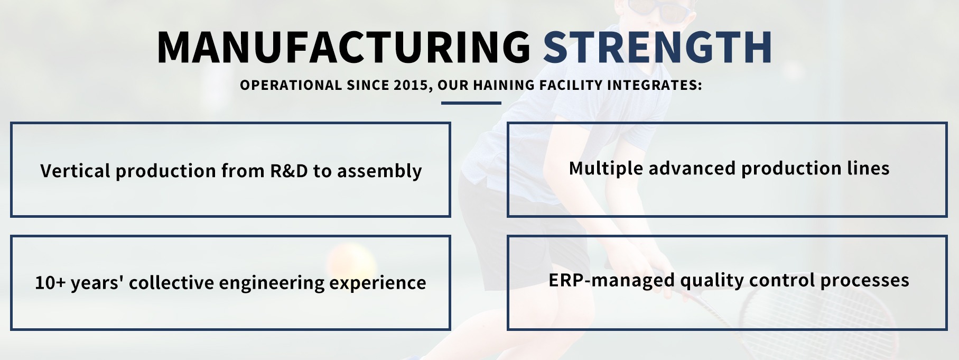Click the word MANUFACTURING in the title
pyautogui.click(x=343, y=47)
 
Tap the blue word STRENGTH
pyautogui.click(x=658, y=47)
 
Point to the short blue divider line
pyautogui.click(x=471, y=103)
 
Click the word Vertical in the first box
pyautogui.click(x=76, y=171)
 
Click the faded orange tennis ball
pyautogui.click(x=351, y=263)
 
